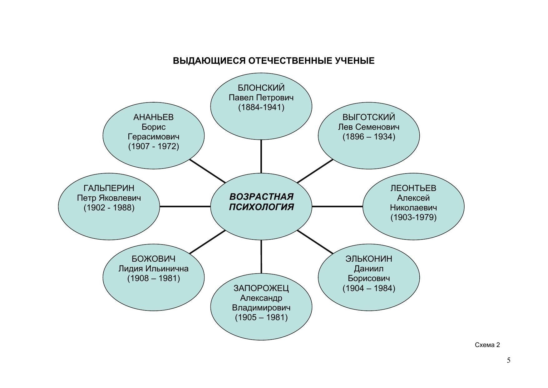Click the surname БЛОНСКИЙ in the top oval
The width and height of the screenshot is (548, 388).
(x=261, y=88)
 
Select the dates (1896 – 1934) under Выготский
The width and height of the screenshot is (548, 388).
(x=369, y=137)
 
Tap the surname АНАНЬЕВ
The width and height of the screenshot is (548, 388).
(x=153, y=117)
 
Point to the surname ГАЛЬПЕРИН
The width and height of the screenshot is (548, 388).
(x=109, y=188)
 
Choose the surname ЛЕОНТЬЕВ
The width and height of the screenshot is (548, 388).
(x=413, y=188)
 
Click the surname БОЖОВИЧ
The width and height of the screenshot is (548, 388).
(x=153, y=259)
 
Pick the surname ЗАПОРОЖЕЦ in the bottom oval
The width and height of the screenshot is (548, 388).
(x=261, y=288)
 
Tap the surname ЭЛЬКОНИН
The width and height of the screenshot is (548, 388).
(x=369, y=259)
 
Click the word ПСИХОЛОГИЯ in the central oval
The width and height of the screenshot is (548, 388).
(x=261, y=207)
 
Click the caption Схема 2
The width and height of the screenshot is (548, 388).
(x=487, y=345)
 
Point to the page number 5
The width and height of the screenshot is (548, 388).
(x=509, y=360)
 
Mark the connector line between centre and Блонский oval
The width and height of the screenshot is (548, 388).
(x=261, y=156)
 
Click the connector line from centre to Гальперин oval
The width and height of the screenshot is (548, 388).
(x=185, y=206)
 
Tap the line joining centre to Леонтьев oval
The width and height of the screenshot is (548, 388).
(x=337, y=206)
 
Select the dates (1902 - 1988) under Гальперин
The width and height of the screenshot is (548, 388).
(x=109, y=208)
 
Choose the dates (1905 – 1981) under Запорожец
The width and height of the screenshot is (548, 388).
(x=261, y=317)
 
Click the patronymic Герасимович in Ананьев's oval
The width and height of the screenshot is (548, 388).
(x=153, y=137)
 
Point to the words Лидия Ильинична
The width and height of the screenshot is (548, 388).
(x=153, y=269)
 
